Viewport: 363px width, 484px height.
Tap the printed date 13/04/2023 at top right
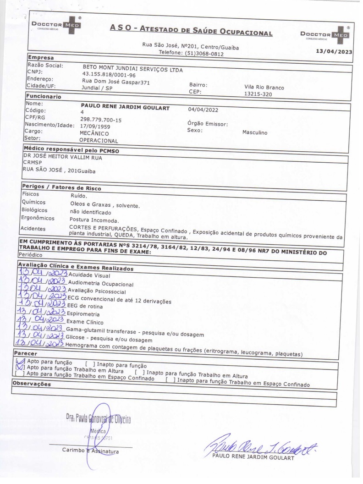coord(334,51)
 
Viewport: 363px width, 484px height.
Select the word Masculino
coord(255,133)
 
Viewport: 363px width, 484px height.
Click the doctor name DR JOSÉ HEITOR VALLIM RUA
coord(62,157)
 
